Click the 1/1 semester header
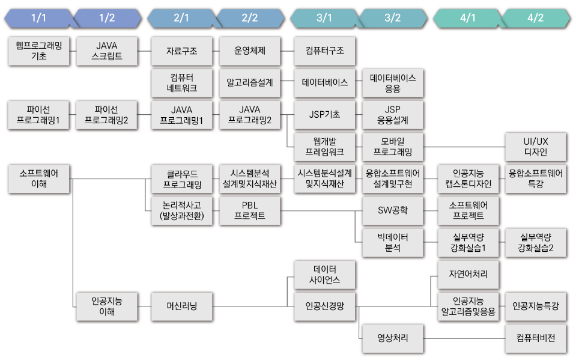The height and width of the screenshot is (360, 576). point(38,18)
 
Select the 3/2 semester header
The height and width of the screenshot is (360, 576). point(392,18)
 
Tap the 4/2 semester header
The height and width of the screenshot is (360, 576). point(535,18)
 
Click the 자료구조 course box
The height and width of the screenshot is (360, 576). point(181,51)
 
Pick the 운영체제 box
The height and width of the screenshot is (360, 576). point(250,51)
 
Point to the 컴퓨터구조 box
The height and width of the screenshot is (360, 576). point(324,51)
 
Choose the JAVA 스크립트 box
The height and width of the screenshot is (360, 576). point(107,51)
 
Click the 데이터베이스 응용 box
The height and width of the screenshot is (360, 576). point(393,83)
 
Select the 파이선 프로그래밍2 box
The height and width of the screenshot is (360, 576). point(107,115)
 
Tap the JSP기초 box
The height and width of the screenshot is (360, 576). point(324,115)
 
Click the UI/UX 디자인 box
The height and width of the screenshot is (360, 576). point(535,147)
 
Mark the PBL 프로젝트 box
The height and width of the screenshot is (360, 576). point(250,210)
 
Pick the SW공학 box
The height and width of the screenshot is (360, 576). point(393,210)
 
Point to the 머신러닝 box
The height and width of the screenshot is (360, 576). point(181,307)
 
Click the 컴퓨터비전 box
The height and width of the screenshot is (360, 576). point(535,338)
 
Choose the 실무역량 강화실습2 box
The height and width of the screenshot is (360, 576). point(535,242)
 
